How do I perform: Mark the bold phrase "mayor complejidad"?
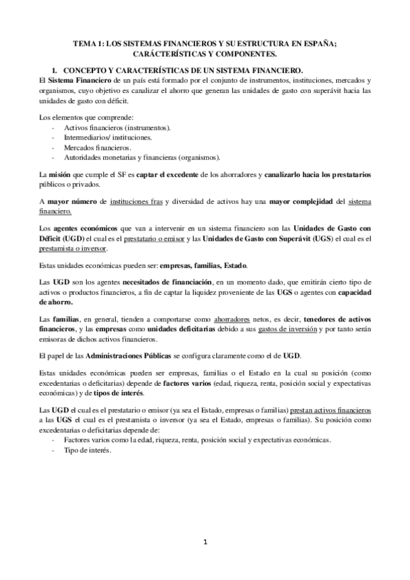[303, 203]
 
